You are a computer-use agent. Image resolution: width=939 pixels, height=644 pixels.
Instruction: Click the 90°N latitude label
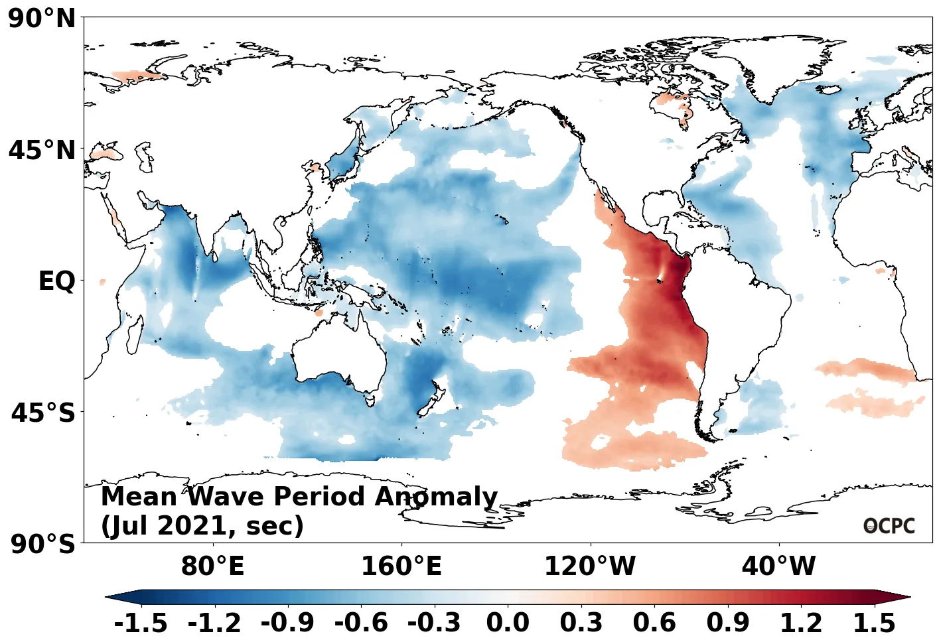click(x=42, y=19)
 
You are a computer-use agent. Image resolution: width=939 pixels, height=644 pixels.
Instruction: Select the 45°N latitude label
click(x=42, y=151)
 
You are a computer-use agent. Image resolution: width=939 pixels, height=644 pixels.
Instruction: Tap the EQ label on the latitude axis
click(x=57, y=281)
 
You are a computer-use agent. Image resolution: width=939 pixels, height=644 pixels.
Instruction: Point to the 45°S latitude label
click(x=43, y=413)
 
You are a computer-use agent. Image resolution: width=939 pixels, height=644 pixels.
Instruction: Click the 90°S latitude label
click(x=43, y=545)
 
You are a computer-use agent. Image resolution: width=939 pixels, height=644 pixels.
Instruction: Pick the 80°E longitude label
click(x=212, y=566)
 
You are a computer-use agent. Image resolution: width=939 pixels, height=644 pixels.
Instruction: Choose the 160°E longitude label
click(x=401, y=566)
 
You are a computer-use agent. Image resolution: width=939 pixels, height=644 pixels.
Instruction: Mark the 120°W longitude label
click(x=590, y=566)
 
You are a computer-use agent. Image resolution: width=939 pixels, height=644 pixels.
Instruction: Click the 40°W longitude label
click(x=778, y=566)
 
